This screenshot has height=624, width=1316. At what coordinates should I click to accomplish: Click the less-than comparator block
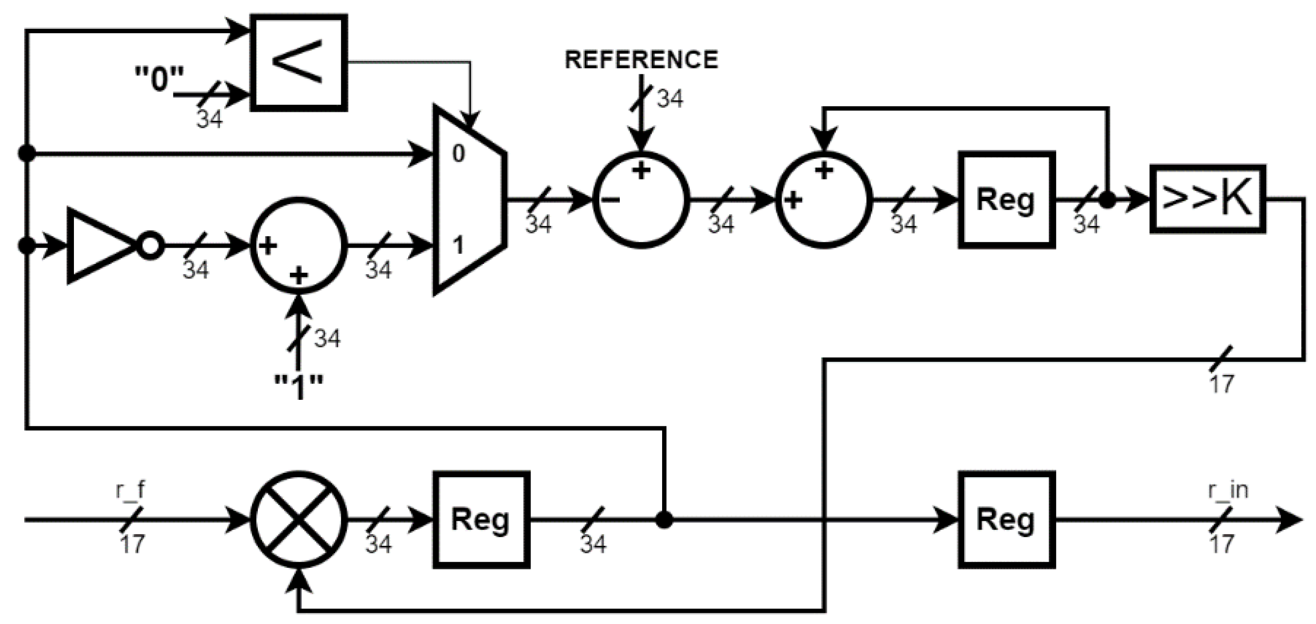(x=299, y=63)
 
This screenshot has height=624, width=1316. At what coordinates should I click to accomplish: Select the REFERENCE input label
(x=641, y=60)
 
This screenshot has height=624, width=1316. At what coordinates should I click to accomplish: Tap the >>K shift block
(x=1207, y=199)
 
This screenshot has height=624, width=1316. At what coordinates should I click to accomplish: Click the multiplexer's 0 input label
(x=458, y=153)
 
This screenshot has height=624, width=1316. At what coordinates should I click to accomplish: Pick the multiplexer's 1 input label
(x=458, y=246)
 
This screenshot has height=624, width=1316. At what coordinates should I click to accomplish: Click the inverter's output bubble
(x=151, y=246)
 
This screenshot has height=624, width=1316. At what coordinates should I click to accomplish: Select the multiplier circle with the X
(x=299, y=520)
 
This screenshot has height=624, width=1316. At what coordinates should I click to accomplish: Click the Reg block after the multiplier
(x=481, y=520)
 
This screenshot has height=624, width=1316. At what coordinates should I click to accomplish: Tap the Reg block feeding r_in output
(x=1006, y=520)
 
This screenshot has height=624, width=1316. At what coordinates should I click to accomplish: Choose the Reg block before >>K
(x=1006, y=200)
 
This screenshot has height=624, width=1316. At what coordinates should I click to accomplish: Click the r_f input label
(x=130, y=490)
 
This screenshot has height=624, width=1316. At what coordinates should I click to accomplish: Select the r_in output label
(x=1228, y=490)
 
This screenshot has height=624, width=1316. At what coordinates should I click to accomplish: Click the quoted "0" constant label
(x=159, y=80)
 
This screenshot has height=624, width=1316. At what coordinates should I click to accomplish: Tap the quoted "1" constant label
(x=299, y=387)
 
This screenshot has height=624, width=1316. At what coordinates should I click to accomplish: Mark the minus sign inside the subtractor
(x=611, y=200)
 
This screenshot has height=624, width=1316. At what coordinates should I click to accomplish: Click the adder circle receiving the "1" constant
(x=299, y=245)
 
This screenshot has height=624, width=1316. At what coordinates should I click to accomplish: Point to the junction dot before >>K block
(x=1107, y=200)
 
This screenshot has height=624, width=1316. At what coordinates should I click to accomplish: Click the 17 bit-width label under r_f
(x=133, y=544)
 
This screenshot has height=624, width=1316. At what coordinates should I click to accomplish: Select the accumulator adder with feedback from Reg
(x=823, y=200)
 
